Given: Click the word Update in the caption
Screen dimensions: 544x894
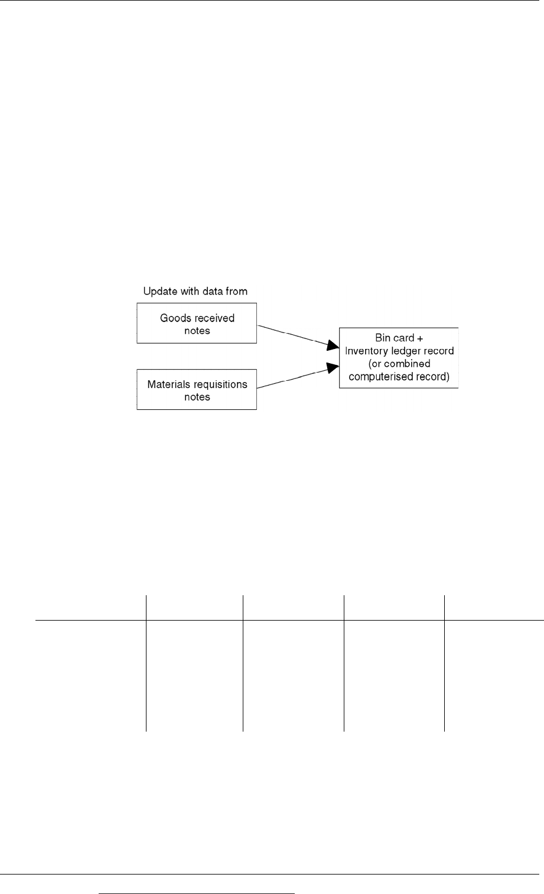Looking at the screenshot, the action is click(161, 292).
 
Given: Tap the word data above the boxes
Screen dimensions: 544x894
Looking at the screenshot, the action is click(213, 291).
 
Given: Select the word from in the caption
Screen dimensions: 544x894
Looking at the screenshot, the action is click(236, 291).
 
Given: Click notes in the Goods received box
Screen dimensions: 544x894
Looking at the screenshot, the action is click(197, 331).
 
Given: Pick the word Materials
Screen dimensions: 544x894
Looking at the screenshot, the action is click(169, 384).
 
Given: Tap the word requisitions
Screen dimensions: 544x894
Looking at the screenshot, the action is click(220, 385).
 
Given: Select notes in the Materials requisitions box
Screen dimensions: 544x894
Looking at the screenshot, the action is click(197, 397).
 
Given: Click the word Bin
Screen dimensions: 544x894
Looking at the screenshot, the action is click(382, 338).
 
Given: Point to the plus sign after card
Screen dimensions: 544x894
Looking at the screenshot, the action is click(420, 338).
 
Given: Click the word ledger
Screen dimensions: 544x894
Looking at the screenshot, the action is click(403, 351).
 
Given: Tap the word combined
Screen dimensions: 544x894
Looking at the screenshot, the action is click(407, 364).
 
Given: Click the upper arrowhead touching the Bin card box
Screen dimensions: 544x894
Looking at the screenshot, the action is click(333, 345).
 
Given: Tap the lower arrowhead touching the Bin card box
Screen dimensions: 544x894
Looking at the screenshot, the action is click(333, 367).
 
